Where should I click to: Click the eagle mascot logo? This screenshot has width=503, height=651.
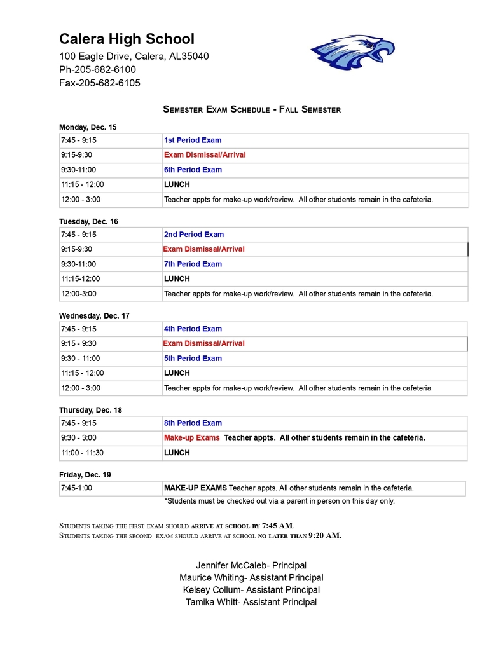pyautogui.click(x=352, y=51)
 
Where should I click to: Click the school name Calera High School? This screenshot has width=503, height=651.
pyautogui.click(x=127, y=39)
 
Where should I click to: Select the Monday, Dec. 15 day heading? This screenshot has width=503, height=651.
pyautogui.click(x=88, y=127)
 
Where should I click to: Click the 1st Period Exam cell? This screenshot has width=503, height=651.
pyautogui.click(x=193, y=140)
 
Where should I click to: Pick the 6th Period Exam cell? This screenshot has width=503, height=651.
pyautogui.click(x=193, y=170)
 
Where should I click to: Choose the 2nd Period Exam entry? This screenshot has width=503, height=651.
pyautogui.click(x=194, y=235)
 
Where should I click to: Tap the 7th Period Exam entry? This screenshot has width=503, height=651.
pyautogui.click(x=193, y=264)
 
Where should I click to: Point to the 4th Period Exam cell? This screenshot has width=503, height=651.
pyautogui.click(x=193, y=329)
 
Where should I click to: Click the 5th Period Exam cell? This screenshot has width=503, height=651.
pyautogui.click(x=193, y=358)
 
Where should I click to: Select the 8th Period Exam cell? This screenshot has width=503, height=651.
pyautogui.click(x=193, y=423)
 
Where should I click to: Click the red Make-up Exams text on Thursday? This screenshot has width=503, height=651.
pyautogui.click(x=191, y=437)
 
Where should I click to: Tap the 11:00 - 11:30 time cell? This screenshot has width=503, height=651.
pyautogui.click(x=82, y=453)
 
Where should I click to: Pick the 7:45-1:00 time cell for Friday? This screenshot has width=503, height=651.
pyautogui.click(x=78, y=488)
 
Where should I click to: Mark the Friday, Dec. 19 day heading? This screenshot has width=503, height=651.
pyautogui.click(x=85, y=474)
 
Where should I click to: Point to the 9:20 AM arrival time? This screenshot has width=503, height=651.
pyautogui.click(x=324, y=535)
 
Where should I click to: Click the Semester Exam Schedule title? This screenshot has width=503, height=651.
pyautogui.click(x=252, y=109)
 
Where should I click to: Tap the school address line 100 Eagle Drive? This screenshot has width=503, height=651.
pyautogui.click(x=134, y=57)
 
